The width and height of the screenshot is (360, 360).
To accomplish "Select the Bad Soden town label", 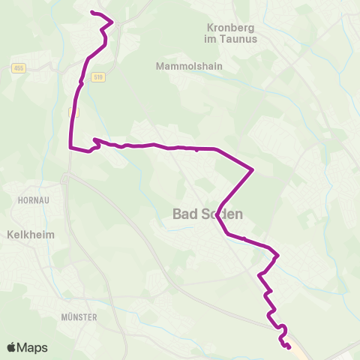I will coord(208,214).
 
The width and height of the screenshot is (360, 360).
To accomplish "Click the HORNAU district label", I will coord(31,201).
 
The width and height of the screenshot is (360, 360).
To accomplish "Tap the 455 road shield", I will coord(18,68).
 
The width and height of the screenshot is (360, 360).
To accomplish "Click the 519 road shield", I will coord(97,76).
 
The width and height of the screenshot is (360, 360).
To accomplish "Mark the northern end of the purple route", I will coord(91,13).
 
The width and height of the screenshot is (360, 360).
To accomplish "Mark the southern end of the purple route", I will coord(289,346).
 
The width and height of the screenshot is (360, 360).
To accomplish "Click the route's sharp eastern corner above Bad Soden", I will coord(253,169).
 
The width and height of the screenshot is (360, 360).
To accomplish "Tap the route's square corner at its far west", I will coord(70,148).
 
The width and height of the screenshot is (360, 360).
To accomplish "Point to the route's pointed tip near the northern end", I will coord(112,22).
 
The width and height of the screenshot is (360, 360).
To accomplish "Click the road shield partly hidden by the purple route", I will coord(73,111).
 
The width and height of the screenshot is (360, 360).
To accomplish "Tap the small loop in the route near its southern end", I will coord(283,328).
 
